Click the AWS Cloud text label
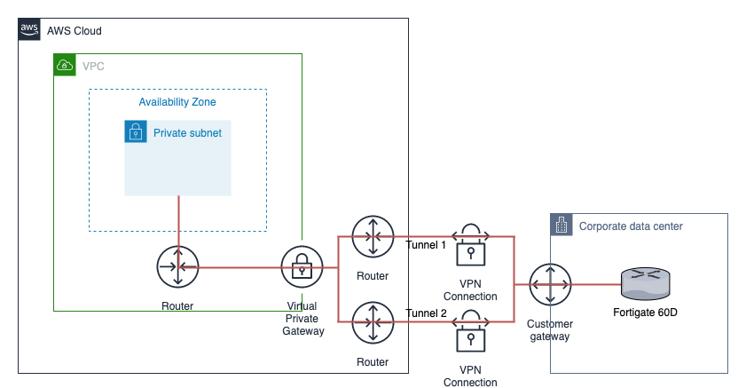pos(74,31)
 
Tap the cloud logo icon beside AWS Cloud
pos(29,30)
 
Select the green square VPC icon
pos(65,65)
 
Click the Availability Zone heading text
pos(177,102)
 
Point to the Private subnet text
pos(187,133)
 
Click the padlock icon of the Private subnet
pos(136,132)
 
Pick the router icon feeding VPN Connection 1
pos(373,237)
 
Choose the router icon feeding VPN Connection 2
pos(373,325)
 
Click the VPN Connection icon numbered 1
pos(470,244)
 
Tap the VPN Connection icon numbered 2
pos(470,330)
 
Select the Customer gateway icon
pos(551,284)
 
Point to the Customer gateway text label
pos(551,330)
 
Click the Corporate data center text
pos(631,226)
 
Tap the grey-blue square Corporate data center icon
pos(561,225)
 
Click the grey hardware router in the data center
pos(645,283)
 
